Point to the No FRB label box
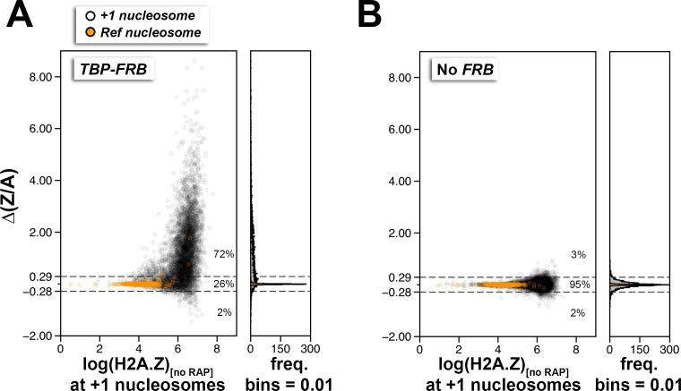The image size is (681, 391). [x=463, y=70]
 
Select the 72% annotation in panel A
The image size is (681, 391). [x=223, y=254]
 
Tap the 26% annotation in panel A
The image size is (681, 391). [x=223, y=284]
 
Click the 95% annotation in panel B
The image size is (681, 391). [x=580, y=284]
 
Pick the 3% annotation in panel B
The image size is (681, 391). [x=578, y=254]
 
